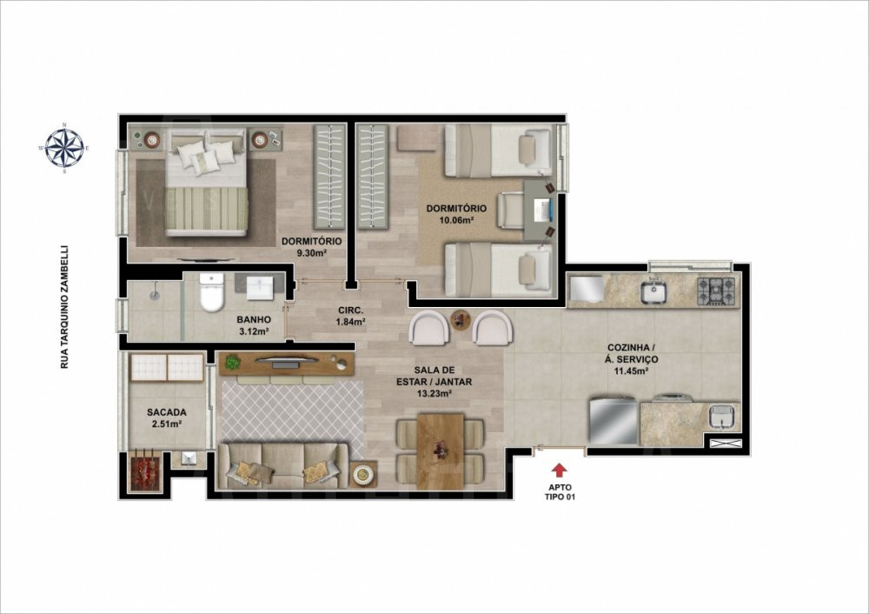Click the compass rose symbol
point(64,148)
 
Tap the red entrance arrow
point(559,471)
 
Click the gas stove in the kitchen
point(716,290)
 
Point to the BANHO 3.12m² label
point(254,325)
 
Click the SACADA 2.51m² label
point(166,418)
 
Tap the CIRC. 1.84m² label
point(350,316)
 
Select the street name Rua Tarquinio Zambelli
point(64,307)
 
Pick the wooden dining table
point(441,450)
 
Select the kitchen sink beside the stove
point(654,291)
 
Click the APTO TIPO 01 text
point(559,492)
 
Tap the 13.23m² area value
point(434,394)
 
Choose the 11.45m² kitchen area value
point(631,371)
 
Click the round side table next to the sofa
point(363,474)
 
